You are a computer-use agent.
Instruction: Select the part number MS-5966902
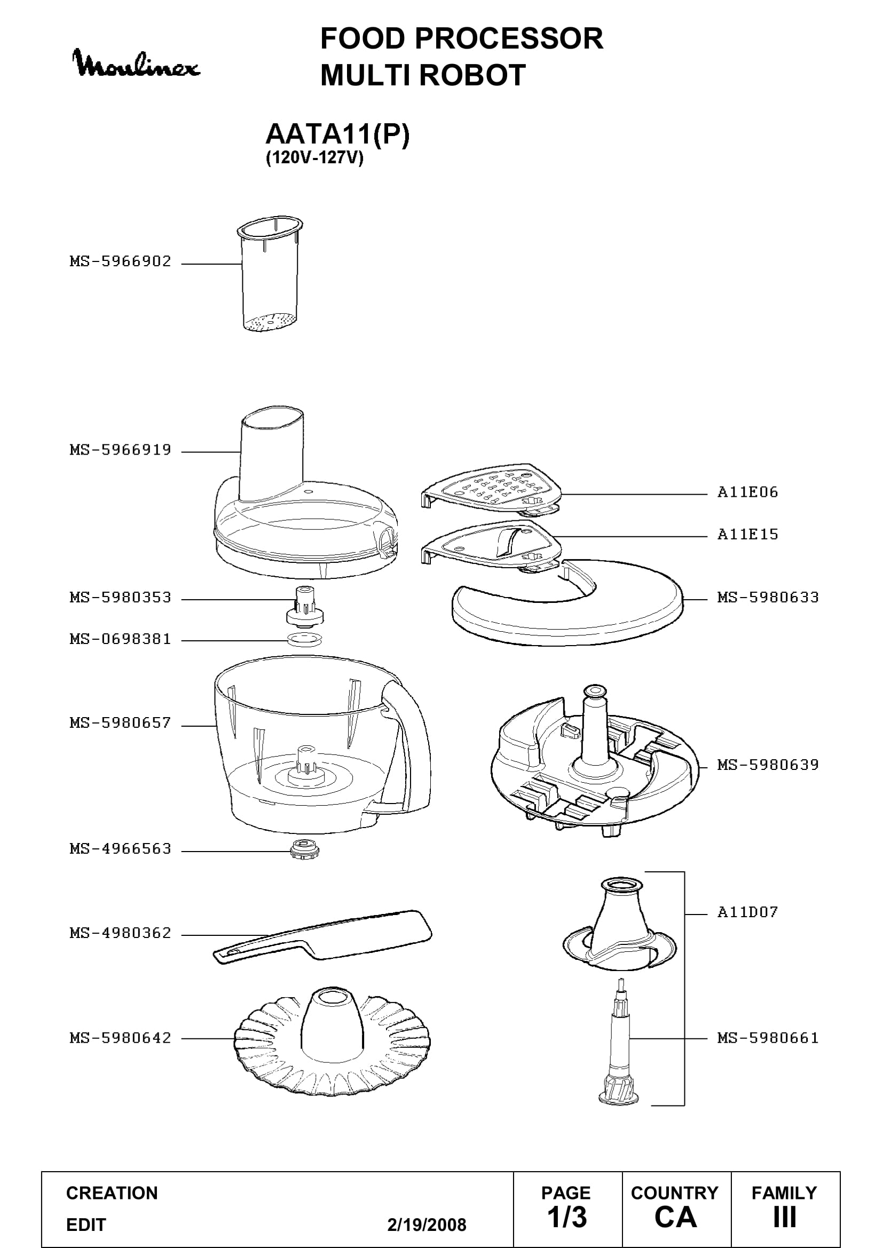tap(120, 261)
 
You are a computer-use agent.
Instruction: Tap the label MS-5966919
tap(120, 450)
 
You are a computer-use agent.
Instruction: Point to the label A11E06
tap(747, 492)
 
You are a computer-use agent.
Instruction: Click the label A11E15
tap(747, 534)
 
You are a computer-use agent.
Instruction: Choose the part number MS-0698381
tap(120, 639)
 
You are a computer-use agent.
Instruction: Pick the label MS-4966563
tap(120, 849)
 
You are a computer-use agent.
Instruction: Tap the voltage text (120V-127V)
tap(314, 158)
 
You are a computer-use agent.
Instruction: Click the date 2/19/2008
tap(427, 1225)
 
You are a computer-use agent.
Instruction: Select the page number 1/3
tap(567, 1218)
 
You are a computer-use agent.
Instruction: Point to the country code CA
tap(675, 1218)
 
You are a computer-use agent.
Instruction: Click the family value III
tap(785, 1218)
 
